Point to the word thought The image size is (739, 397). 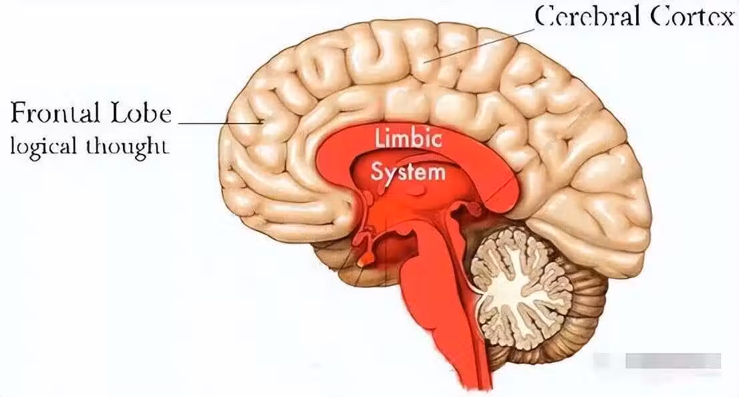[x=126, y=146]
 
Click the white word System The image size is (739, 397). [x=408, y=172]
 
